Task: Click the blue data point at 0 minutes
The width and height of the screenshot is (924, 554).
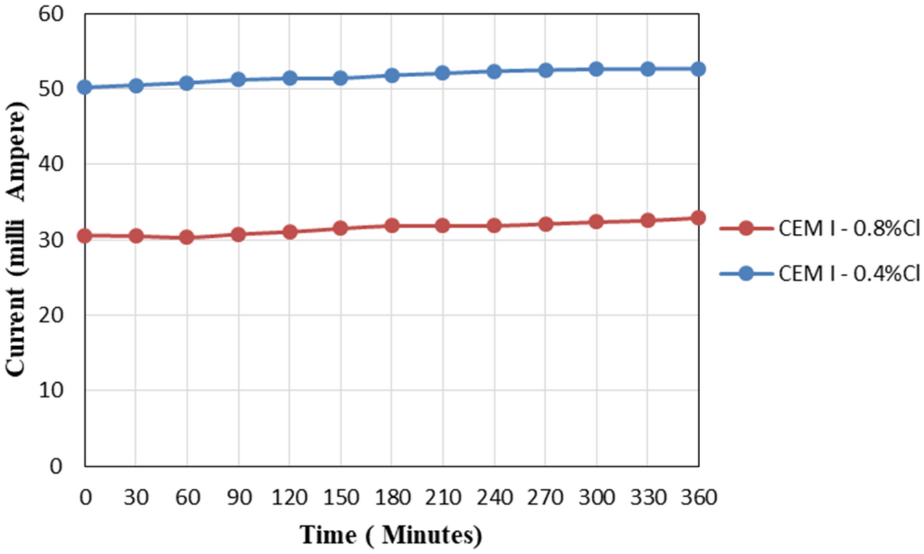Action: pyautogui.click(x=84, y=88)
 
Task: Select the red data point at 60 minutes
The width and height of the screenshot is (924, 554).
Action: pyautogui.click(x=187, y=237)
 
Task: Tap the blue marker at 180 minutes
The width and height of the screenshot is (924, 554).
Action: pyautogui.click(x=392, y=75)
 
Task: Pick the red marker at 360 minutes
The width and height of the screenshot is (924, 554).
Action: pyautogui.click(x=698, y=218)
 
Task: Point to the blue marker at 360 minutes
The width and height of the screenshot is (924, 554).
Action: pyautogui.click(x=698, y=69)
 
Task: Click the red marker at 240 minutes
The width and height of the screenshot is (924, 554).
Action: pyautogui.click(x=494, y=225)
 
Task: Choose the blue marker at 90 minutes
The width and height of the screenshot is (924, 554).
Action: pyautogui.click(x=238, y=80)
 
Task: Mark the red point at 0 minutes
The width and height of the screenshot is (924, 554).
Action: pyautogui.click(x=84, y=236)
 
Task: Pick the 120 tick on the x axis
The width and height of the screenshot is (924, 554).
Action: pyautogui.click(x=289, y=498)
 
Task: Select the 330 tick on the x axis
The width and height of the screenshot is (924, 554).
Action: pyautogui.click(x=647, y=498)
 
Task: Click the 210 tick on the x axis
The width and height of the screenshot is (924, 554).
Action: pyautogui.click(x=442, y=498)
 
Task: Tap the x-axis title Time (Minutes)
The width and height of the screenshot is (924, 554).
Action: pyautogui.click(x=391, y=535)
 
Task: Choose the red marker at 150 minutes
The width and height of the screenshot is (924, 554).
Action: pyautogui.click(x=340, y=228)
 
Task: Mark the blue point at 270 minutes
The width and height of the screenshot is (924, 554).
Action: pyautogui.click(x=545, y=71)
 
